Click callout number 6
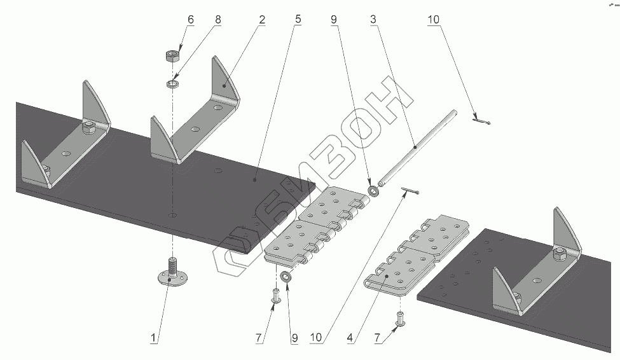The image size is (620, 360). [x=190, y=20]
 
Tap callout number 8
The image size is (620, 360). [x=218, y=20]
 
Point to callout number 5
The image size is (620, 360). [x=298, y=20]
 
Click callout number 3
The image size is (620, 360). [x=374, y=20]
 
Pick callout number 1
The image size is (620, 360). [x=153, y=338]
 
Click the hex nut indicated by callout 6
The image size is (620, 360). [x=171, y=56]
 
